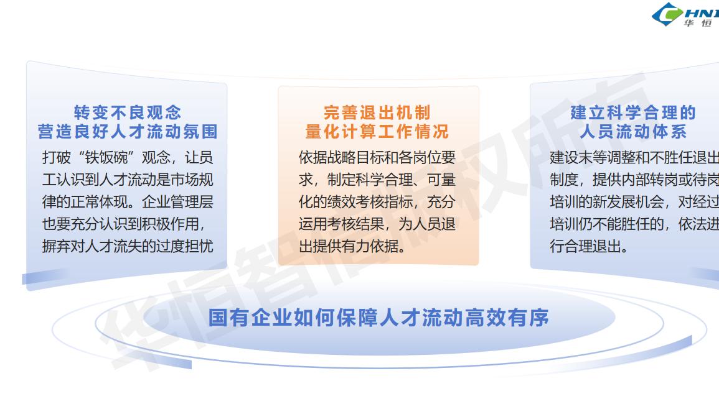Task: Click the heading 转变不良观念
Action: tap(128, 112)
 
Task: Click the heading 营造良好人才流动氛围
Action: tap(128, 132)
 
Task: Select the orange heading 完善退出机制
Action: tap(377, 112)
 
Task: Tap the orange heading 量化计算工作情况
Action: tap(377, 132)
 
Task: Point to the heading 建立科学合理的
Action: tap(633, 112)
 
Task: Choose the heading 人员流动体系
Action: tap(633, 132)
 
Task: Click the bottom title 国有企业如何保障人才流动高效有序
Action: tap(378, 318)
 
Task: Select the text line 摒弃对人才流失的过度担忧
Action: tap(128, 246)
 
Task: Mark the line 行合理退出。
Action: tap(589, 246)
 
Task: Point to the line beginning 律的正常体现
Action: tap(128, 201)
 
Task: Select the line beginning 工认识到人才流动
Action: tap(128, 180)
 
